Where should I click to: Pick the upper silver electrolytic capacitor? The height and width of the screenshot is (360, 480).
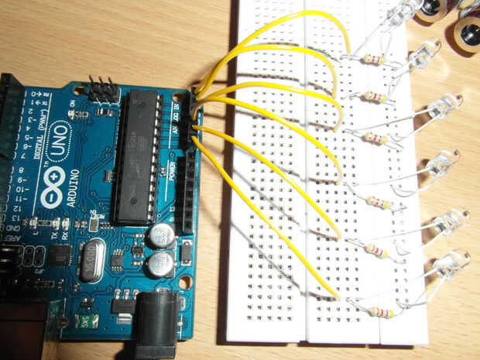[x=161, y=235]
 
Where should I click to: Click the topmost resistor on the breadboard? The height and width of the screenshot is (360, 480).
[x=372, y=60]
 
